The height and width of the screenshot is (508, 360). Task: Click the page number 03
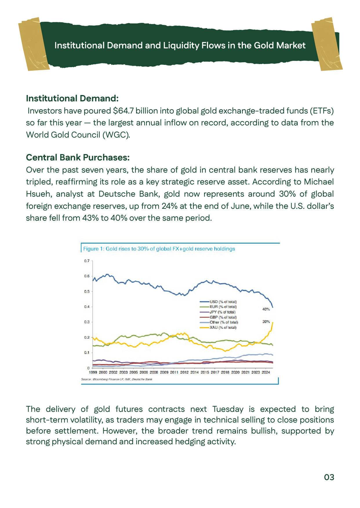329,477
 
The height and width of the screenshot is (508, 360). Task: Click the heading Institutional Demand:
72,98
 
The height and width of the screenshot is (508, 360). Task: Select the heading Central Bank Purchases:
78,157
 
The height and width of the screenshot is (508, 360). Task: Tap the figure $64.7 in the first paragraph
123,111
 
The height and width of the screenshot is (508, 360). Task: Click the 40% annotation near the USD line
266,309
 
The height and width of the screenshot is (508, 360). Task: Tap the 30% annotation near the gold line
266,321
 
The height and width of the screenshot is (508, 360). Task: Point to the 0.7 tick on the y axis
87,261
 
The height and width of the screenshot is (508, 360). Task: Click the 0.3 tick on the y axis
87,322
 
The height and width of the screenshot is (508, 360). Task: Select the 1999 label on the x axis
93,372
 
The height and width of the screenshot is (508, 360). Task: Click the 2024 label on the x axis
266,372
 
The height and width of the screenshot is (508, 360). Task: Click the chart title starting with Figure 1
159,249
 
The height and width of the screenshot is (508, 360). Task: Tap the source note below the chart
117,379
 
